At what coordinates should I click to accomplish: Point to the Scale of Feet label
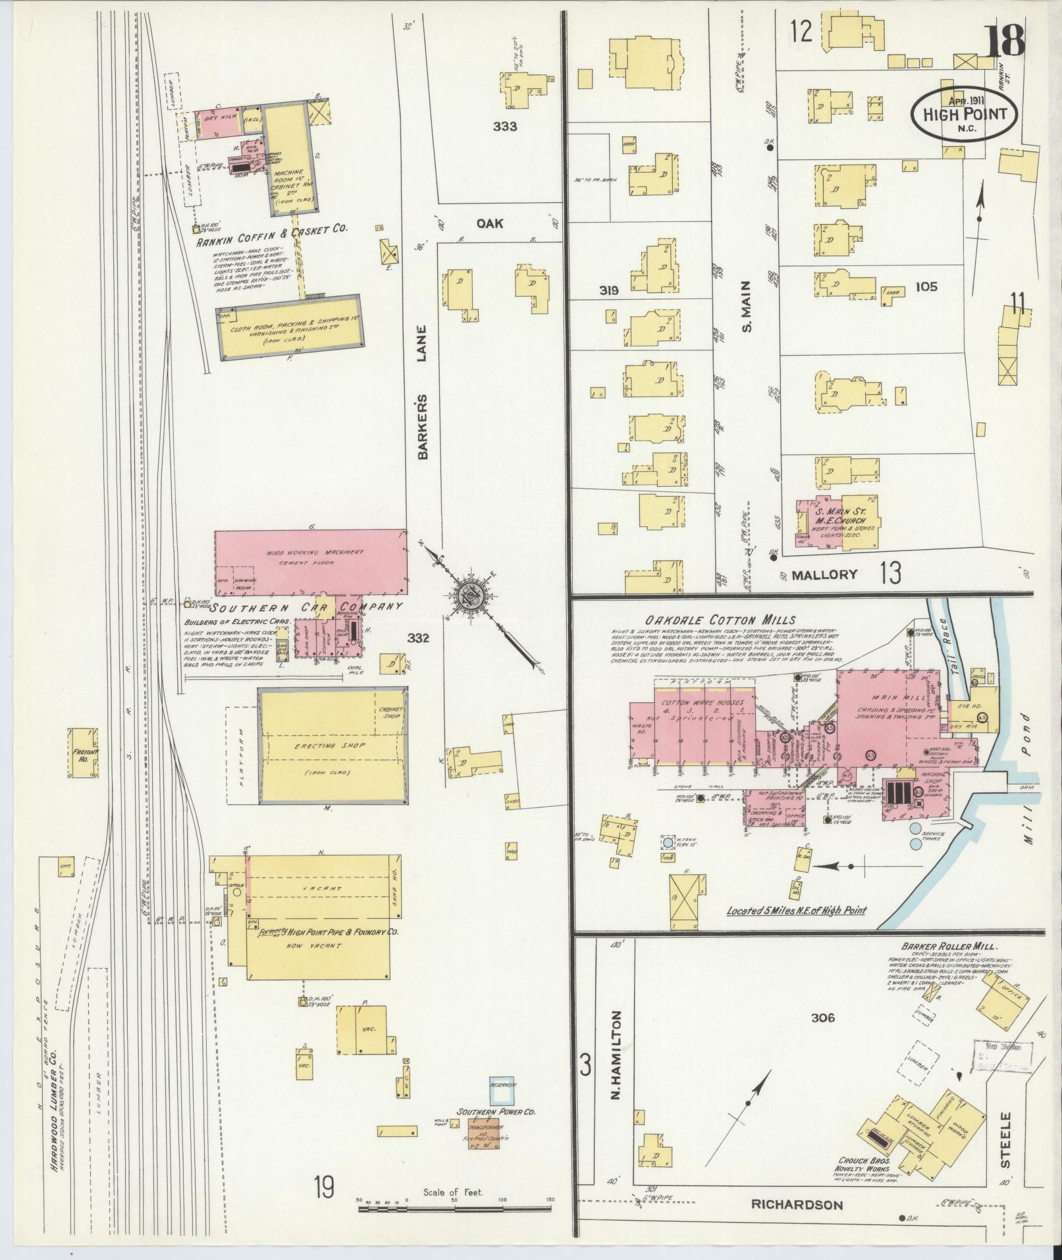pos(454,1192)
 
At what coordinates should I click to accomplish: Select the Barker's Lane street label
pos(421,393)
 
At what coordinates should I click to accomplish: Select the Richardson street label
pos(797,1205)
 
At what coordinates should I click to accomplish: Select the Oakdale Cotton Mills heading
pos(720,620)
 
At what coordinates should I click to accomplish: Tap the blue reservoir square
pos(504,1090)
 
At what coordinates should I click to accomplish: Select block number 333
pos(505,127)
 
